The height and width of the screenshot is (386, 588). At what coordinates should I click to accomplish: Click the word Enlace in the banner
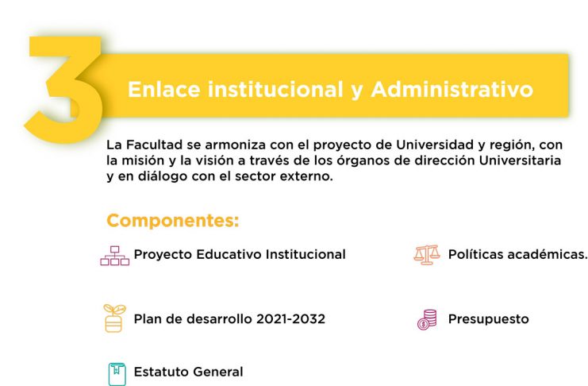point(164,90)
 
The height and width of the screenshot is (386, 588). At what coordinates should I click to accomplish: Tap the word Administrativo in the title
point(452,90)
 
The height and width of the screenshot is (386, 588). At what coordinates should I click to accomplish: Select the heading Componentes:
point(173,221)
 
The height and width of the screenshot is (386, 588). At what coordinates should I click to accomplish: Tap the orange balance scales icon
point(427,255)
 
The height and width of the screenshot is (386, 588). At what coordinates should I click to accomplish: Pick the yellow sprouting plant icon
point(114,318)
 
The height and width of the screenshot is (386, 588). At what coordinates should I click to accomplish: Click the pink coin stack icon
point(427,319)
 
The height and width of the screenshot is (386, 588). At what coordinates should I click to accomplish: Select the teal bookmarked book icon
point(117,374)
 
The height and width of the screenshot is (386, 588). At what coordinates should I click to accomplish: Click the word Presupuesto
point(488,319)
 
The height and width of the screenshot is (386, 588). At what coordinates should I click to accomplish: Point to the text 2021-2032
point(290,318)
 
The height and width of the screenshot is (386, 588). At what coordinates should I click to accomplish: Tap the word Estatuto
point(160,372)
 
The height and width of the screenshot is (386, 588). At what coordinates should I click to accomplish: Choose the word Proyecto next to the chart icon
point(163,255)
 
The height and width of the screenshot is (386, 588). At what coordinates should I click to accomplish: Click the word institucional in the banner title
point(275,90)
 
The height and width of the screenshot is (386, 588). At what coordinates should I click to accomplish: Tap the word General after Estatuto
point(217,372)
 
